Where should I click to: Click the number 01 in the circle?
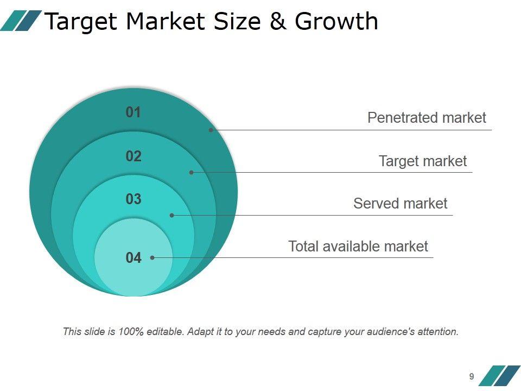(x=134, y=112)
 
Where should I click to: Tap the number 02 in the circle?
(x=134, y=156)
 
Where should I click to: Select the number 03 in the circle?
(x=134, y=199)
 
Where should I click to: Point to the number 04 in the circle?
(x=134, y=258)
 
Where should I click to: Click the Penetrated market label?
(x=427, y=118)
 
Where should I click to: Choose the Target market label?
(x=422, y=161)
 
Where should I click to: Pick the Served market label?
(x=400, y=204)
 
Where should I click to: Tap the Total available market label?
(x=358, y=247)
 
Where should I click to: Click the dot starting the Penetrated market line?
(x=211, y=130)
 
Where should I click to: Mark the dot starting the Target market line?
(x=191, y=172)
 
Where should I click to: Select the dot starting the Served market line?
(x=171, y=215)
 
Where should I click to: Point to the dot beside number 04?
(x=153, y=257)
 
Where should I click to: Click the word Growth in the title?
(x=336, y=22)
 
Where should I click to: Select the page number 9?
(x=472, y=376)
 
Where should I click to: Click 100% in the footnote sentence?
(x=132, y=331)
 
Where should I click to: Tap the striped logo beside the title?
(x=21, y=21)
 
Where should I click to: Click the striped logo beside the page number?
(x=499, y=375)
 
